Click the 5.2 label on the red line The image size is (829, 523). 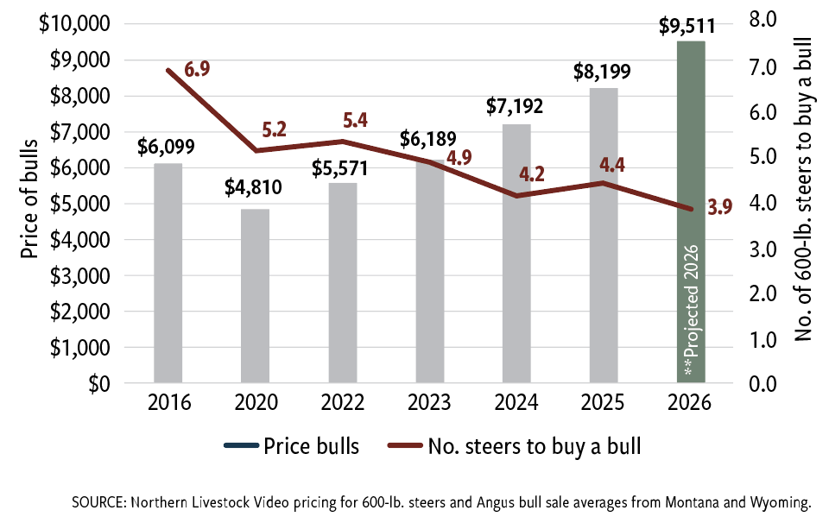[274, 130]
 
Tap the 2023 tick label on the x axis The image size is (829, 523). [430, 403]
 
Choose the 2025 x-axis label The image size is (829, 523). [604, 403]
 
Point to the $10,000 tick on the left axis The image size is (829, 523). [74, 23]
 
